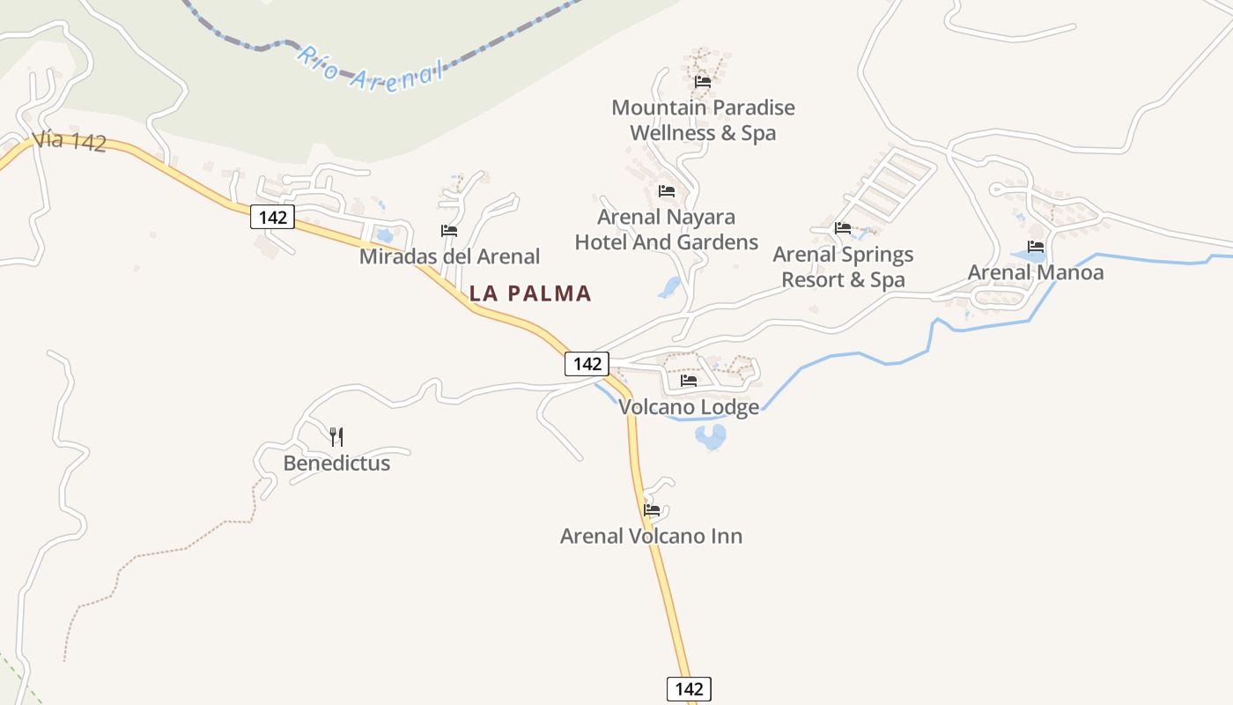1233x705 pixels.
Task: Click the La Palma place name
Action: (x=530, y=293)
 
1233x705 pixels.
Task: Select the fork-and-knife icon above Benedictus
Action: (x=336, y=436)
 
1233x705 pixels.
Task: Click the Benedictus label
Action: (x=336, y=463)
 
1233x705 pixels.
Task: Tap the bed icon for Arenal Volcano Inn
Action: (x=652, y=509)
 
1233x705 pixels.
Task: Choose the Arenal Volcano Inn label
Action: (x=651, y=536)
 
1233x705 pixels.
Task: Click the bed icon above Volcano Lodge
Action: (x=689, y=381)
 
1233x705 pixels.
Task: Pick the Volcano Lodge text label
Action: (x=689, y=407)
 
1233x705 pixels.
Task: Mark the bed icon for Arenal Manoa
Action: (x=1036, y=247)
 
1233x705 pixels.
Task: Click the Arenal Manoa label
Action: (x=1036, y=272)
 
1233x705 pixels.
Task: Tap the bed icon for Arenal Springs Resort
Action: (x=843, y=228)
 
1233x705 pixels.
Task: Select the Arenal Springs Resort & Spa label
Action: (x=843, y=267)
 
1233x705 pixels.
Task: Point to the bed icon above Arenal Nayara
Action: (x=667, y=190)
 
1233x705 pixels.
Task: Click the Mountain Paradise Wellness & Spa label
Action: (x=703, y=120)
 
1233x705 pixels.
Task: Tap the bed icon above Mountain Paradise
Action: (x=703, y=81)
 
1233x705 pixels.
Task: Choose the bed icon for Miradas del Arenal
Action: (x=449, y=231)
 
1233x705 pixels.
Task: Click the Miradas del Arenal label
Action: (x=449, y=256)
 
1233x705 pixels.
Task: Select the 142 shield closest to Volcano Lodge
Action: (x=587, y=363)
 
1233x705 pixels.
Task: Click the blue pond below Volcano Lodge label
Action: (x=711, y=435)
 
